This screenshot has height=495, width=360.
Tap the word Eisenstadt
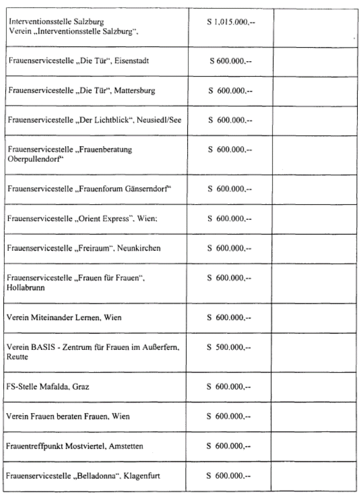pyautogui.click(x=130, y=61)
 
